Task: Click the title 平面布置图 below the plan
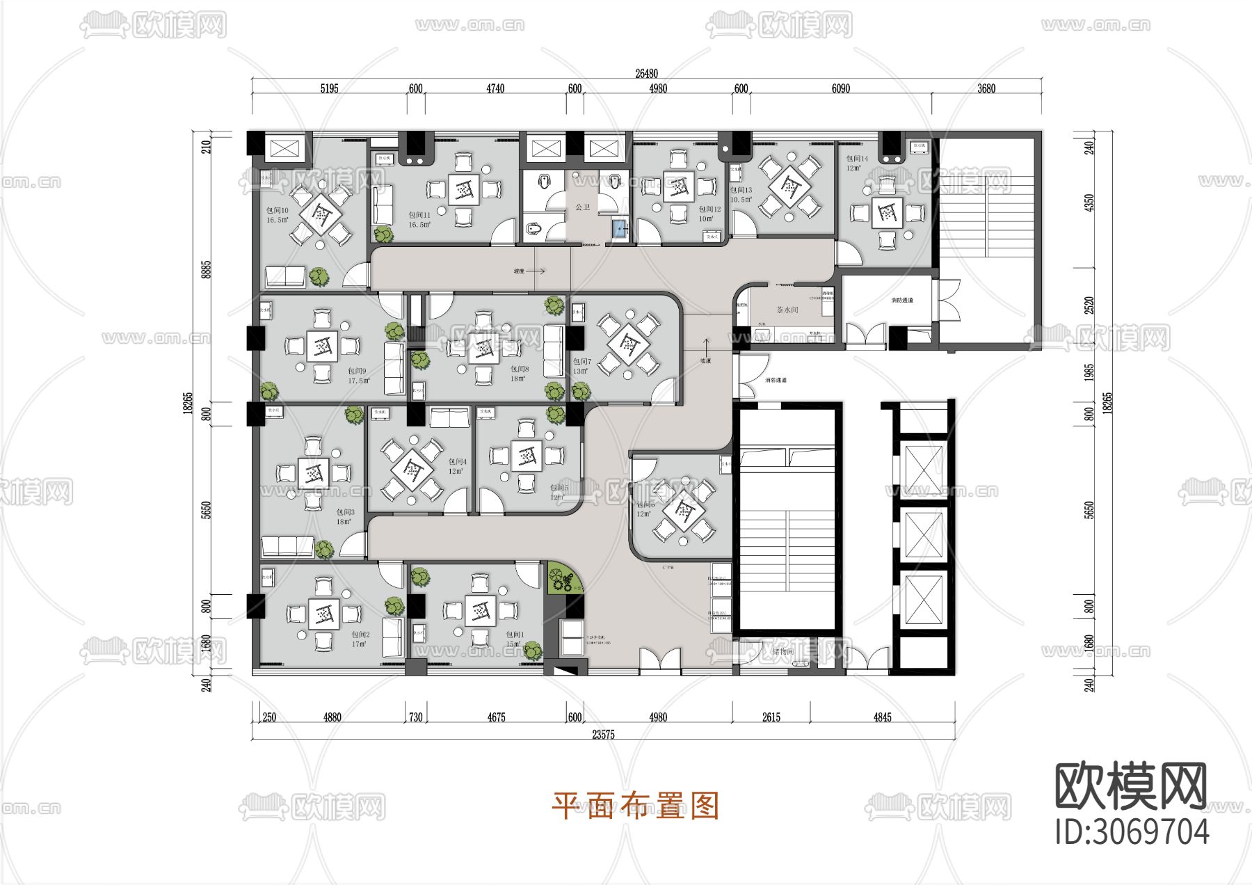[634, 806]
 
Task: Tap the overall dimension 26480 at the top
[646, 73]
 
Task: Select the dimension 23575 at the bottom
[603, 734]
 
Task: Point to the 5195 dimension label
[329, 88]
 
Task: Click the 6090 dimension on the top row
[840, 88]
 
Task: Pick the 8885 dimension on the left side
[206, 270]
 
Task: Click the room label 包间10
[277, 210]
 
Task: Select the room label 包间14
[857, 159]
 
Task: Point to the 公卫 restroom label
[582, 207]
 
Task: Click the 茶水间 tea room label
[787, 310]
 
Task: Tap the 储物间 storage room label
[782, 652]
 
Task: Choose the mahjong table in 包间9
[322, 346]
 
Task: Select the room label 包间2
[360, 635]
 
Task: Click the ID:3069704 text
[1132, 831]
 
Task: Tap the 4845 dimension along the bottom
[882, 717]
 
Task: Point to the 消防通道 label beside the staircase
[901, 301]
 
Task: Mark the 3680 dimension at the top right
[986, 88]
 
